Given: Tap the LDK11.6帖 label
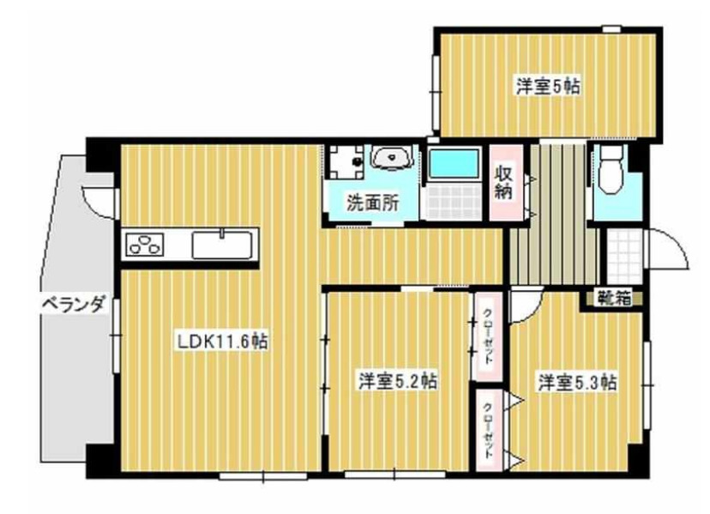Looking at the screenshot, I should click(223, 341).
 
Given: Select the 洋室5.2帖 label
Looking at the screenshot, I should click(397, 380).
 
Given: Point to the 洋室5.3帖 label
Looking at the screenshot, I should click(577, 380).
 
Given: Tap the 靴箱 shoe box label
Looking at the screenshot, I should click(613, 299).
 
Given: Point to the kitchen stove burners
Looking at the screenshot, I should click(146, 244).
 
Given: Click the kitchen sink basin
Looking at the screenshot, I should click(222, 245).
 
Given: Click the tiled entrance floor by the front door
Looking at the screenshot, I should click(622, 254).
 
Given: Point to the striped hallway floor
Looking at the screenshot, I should click(549, 223).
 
